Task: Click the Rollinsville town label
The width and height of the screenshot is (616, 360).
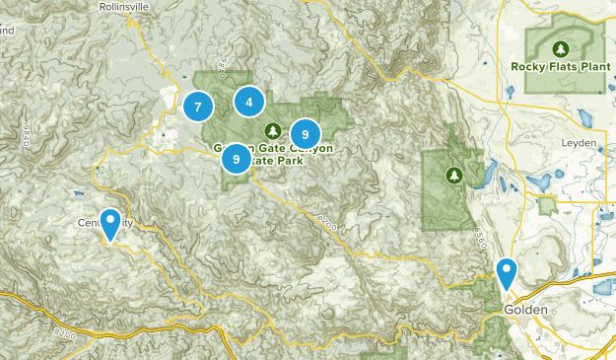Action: coord(131,6)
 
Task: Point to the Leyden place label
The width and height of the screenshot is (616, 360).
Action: coord(581,143)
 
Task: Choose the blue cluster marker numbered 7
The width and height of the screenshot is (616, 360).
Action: coord(198,107)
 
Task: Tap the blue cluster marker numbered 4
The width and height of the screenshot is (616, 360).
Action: coord(249,102)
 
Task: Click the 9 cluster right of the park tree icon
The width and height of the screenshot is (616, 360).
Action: coord(306,133)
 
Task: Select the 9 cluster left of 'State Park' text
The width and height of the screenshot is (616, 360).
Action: coord(236,158)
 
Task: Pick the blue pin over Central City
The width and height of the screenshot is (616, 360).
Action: coord(111,223)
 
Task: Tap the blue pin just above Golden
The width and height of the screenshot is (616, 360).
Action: coord(507,271)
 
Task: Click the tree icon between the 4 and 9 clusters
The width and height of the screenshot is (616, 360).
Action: coord(273,129)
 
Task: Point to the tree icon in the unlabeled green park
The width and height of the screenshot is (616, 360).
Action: coord(453,176)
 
